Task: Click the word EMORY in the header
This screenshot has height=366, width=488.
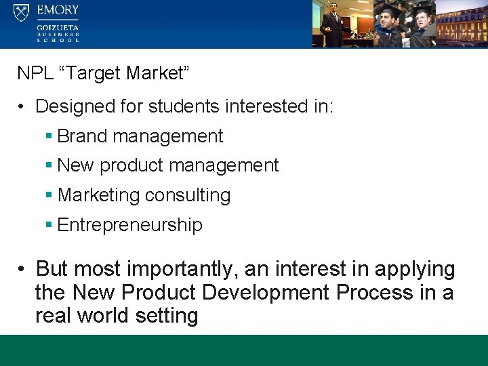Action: click(x=58, y=11)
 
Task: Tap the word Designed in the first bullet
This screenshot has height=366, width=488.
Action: click(x=71, y=106)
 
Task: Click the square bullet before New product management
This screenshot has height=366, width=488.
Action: click(x=49, y=165)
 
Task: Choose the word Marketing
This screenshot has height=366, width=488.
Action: click(x=98, y=195)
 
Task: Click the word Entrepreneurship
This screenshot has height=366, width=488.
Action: click(x=130, y=225)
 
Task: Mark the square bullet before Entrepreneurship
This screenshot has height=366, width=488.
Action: click(x=49, y=225)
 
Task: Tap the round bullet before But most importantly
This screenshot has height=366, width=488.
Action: click(x=22, y=269)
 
